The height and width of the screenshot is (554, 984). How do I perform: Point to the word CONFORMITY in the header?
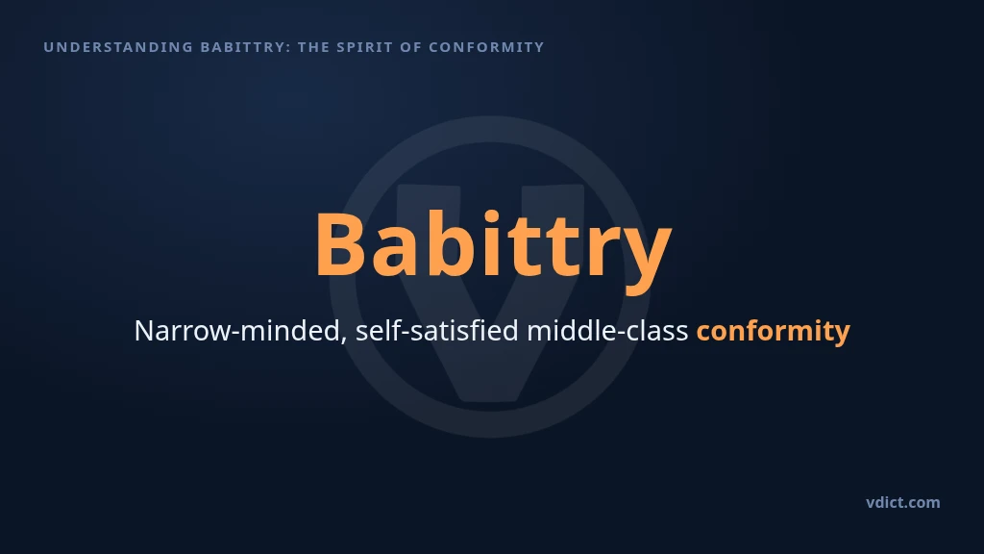[x=486, y=47]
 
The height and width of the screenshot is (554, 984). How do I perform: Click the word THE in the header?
[x=314, y=47]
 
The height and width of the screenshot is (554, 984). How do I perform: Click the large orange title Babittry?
[x=493, y=246]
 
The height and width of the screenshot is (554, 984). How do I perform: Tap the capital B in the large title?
[x=341, y=244]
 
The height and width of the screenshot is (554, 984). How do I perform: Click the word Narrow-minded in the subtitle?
[x=237, y=331]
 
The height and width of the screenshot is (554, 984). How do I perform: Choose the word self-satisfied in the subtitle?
[x=437, y=331]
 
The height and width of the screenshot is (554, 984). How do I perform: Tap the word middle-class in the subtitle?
[x=607, y=331]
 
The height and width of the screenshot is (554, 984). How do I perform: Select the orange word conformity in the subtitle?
[x=774, y=332]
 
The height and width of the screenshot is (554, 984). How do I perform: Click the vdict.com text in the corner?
[x=903, y=502]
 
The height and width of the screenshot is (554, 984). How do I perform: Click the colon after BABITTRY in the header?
[x=288, y=48]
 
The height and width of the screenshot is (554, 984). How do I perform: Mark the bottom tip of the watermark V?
[x=490, y=401]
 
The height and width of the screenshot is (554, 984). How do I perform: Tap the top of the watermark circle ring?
[x=490, y=129]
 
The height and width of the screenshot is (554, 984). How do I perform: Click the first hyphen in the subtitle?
[x=236, y=333]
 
